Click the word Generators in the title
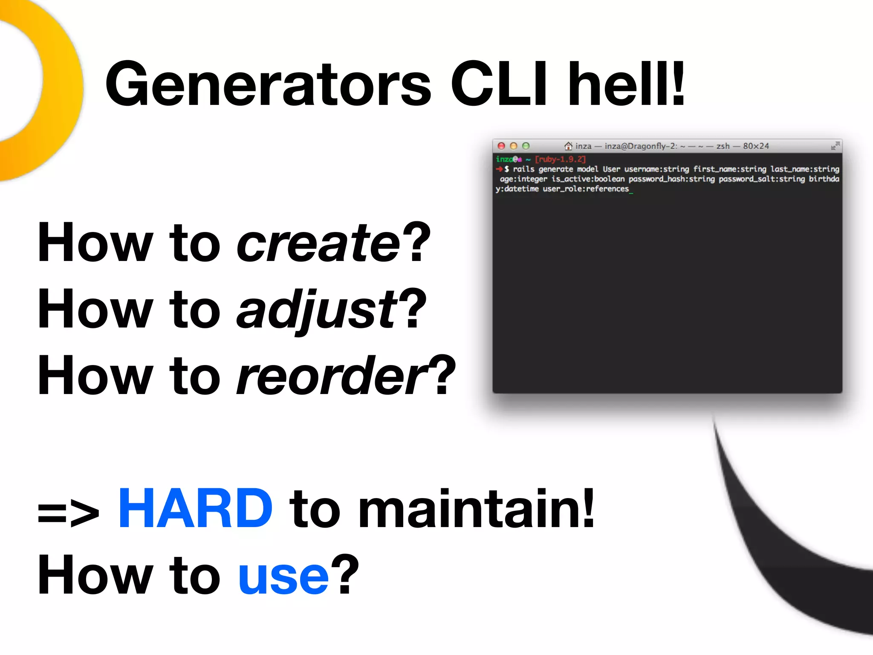point(269,84)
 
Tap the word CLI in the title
point(499,84)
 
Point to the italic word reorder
point(332,376)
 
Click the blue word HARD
point(195,509)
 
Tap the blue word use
point(283,576)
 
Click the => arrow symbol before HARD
point(68,513)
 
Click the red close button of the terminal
point(501,146)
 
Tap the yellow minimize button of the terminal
point(514,146)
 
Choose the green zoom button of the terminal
point(526,146)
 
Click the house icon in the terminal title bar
point(568,146)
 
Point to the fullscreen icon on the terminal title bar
point(835,146)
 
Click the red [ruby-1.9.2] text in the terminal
point(560,159)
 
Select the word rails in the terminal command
point(523,169)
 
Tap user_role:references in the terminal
point(585,189)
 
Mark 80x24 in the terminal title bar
point(756,146)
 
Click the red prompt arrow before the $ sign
point(499,169)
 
